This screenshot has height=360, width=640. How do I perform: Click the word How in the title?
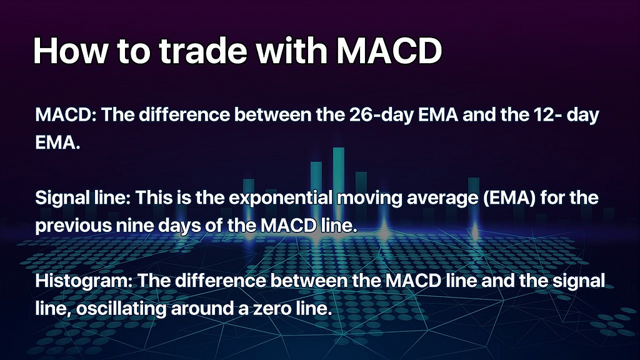tap(71, 51)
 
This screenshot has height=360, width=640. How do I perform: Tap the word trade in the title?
tap(202, 51)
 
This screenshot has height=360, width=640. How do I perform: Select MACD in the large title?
tap(389, 51)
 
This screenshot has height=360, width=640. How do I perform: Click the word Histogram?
tap(84, 281)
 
